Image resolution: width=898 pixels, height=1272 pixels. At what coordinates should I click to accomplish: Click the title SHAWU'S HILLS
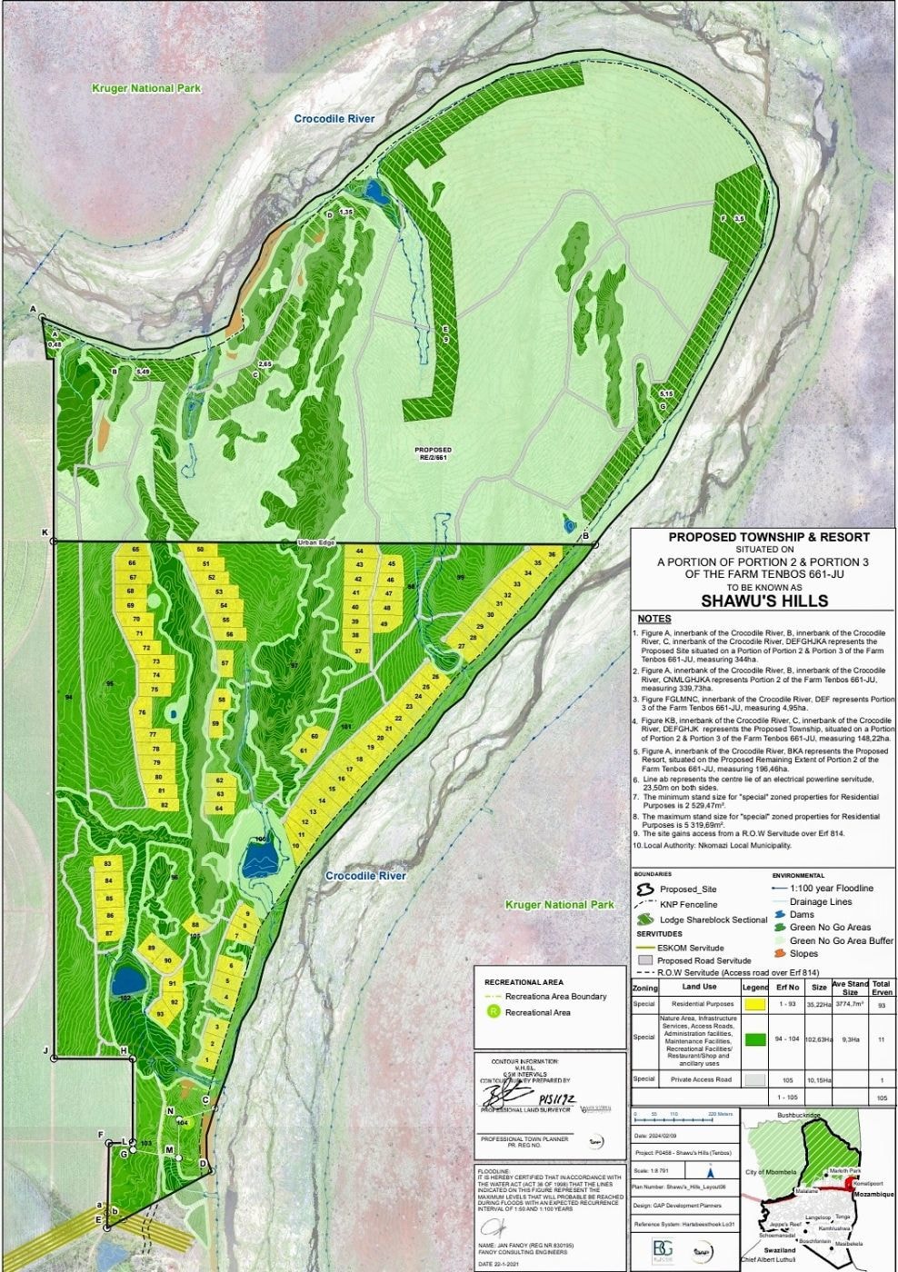click(763, 601)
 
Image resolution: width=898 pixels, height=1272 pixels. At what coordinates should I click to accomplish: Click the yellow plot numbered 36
click(551, 554)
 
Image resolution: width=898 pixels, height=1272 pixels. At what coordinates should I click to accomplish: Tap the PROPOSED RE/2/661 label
click(434, 453)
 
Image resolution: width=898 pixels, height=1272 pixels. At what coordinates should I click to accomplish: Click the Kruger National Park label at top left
click(145, 89)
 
